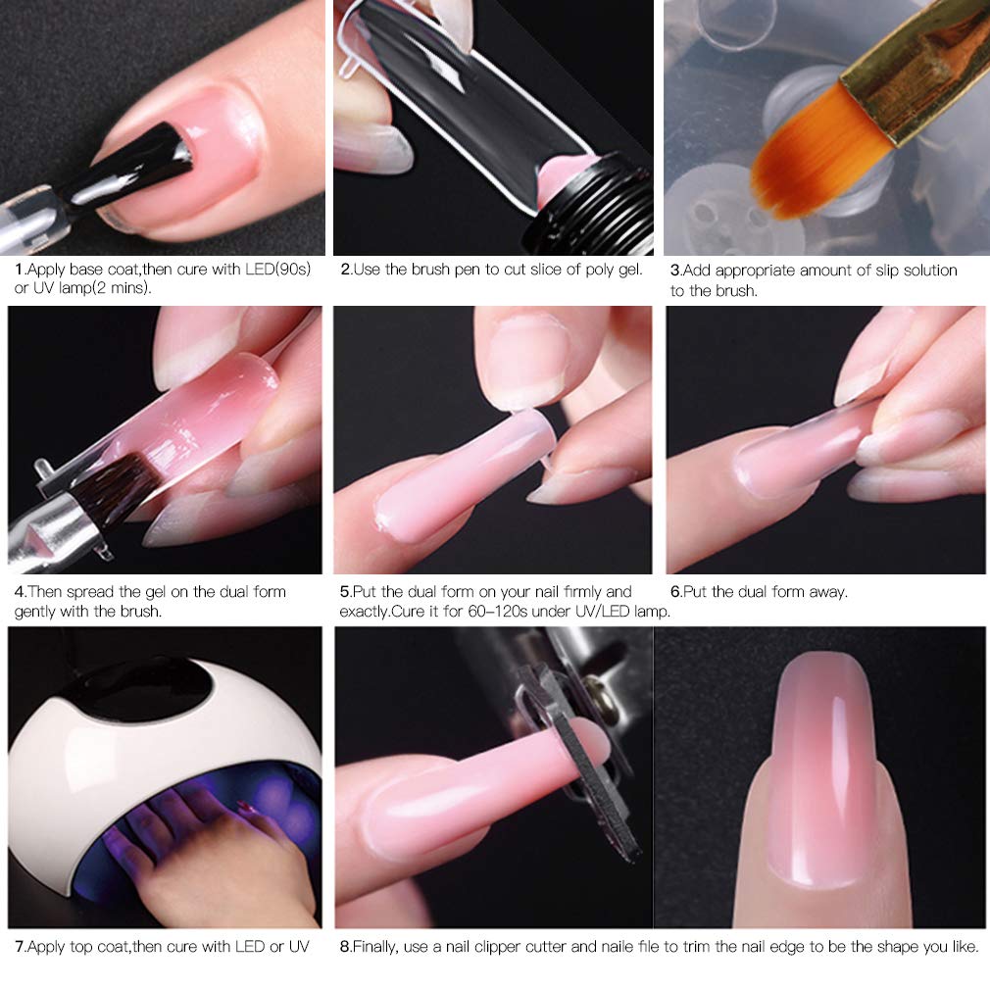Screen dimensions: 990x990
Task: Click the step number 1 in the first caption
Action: (18, 270)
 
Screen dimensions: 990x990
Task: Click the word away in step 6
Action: (826, 592)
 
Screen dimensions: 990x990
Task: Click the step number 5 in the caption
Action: (344, 592)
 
